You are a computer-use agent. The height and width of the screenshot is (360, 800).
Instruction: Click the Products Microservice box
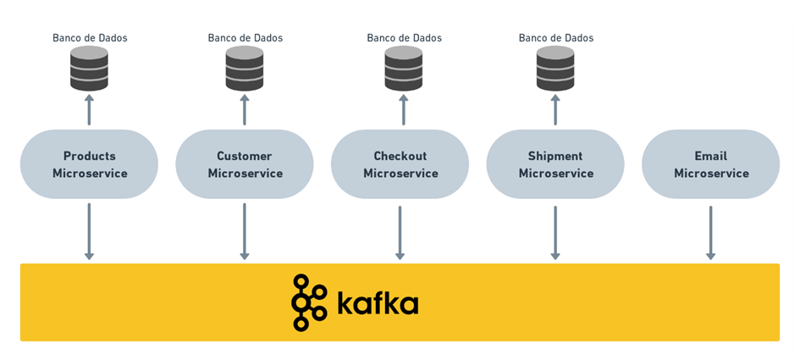(89, 164)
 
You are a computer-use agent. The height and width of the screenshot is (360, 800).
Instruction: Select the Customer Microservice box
(245, 164)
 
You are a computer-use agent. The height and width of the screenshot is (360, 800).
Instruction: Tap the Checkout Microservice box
(400, 164)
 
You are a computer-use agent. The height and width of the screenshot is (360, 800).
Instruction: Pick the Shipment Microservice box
(555, 164)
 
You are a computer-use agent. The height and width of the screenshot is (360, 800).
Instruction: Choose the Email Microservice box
(711, 164)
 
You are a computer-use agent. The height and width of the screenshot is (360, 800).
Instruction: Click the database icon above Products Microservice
(89, 69)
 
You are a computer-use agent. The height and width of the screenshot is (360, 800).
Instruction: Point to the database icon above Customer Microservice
(245, 69)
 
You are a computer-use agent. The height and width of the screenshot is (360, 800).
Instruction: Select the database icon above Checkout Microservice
(403, 69)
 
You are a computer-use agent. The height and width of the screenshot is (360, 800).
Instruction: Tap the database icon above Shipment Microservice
(555, 69)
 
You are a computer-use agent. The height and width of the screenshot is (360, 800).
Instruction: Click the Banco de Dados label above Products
(90, 38)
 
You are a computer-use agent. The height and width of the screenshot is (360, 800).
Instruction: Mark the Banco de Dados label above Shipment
(556, 38)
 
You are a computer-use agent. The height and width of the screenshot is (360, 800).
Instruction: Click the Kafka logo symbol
(308, 302)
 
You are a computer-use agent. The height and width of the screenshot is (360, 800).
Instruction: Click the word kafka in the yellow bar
(378, 302)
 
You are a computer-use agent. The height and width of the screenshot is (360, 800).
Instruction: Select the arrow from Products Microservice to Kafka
(89, 231)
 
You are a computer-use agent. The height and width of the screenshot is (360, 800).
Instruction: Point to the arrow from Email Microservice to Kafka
(711, 231)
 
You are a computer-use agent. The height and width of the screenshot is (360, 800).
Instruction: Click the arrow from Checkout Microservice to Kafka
(400, 231)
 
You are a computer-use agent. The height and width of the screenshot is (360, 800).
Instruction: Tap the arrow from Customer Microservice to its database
(245, 110)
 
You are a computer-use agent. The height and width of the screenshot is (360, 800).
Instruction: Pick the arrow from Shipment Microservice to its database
(555, 110)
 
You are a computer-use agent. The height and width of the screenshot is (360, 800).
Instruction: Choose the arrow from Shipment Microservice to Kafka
(555, 231)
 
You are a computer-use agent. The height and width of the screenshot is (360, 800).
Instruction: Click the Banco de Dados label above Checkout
(404, 38)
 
